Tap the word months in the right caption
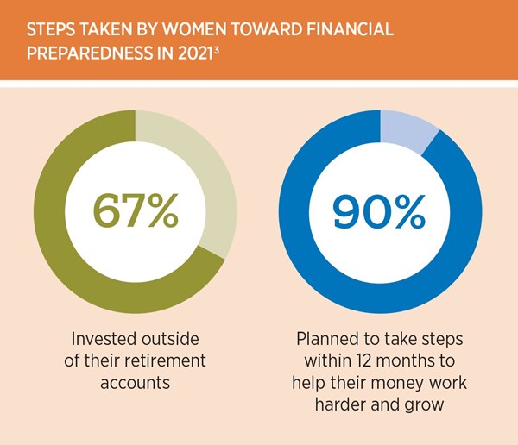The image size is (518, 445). pos(405,358)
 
